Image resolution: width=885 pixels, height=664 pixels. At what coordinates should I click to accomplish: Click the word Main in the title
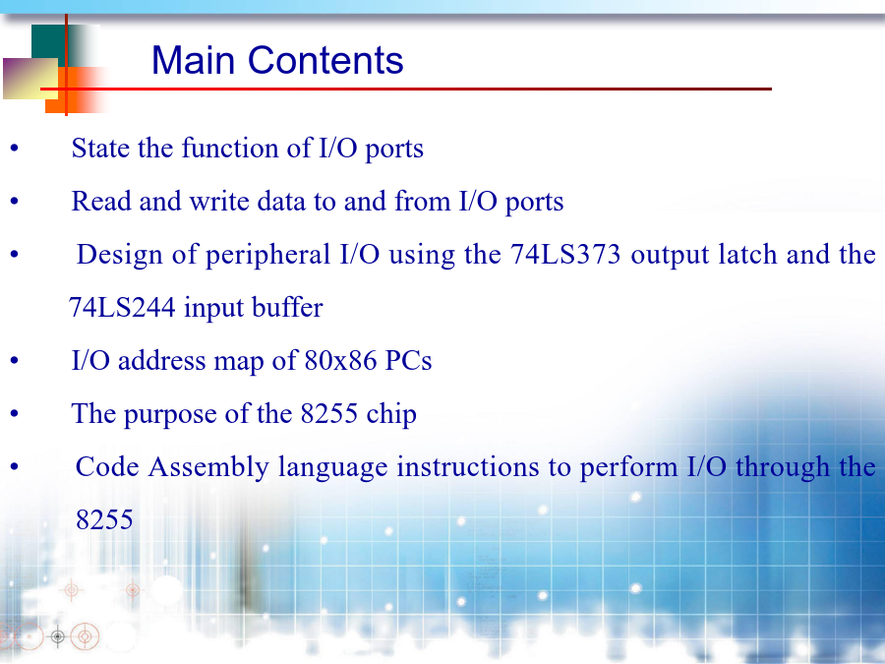click(x=193, y=60)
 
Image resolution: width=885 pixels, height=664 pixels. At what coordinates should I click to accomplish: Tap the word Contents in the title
click(x=325, y=60)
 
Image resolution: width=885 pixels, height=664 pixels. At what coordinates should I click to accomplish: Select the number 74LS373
click(x=565, y=254)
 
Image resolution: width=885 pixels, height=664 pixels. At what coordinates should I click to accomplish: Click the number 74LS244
click(x=122, y=308)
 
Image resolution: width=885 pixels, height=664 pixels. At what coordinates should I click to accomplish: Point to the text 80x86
click(x=340, y=360)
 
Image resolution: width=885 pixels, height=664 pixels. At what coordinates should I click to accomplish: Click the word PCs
click(x=408, y=360)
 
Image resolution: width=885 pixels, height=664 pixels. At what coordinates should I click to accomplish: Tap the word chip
click(x=391, y=414)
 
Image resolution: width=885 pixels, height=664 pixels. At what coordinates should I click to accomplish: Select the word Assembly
click(x=208, y=468)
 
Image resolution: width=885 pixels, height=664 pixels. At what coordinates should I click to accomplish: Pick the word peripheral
click(x=267, y=255)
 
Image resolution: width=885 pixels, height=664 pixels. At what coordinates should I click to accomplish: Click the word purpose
click(x=170, y=415)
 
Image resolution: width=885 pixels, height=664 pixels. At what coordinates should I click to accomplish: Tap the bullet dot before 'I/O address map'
click(x=14, y=361)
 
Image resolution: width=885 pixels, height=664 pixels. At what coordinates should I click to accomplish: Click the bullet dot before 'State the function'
click(x=14, y=149)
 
